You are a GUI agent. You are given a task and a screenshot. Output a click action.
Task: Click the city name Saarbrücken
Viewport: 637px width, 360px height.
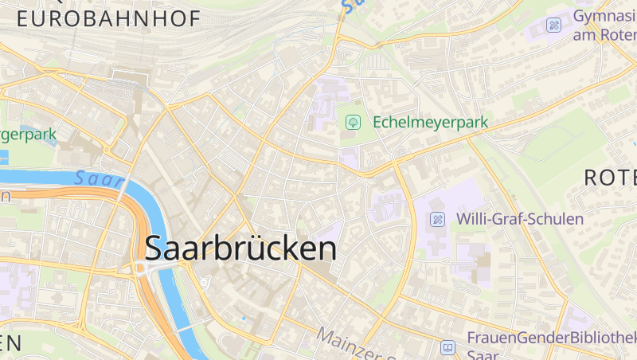(x=240, y=248)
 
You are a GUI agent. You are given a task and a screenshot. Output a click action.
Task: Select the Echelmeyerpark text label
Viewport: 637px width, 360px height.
(x=430, y=123)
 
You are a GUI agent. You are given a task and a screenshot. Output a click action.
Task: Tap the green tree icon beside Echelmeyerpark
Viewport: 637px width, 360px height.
(x=353, y=123)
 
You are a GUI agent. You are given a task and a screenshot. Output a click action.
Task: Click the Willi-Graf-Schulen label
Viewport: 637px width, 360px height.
(x=519, y=218)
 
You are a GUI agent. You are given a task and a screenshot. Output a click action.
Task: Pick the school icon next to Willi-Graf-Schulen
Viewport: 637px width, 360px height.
(x=437, y=218)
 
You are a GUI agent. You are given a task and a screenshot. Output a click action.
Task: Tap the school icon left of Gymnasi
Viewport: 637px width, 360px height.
(x=553, y=25)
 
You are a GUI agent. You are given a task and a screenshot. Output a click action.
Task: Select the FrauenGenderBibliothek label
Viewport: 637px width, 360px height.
(x=551, y=337)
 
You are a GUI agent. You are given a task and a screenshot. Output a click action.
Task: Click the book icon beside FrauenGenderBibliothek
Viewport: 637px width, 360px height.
(x=448, y=347)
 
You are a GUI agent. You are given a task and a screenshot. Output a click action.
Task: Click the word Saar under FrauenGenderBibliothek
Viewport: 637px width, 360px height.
(x=483, y=354)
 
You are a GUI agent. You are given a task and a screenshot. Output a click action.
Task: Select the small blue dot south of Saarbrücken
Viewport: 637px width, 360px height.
(x=244, y=318)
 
